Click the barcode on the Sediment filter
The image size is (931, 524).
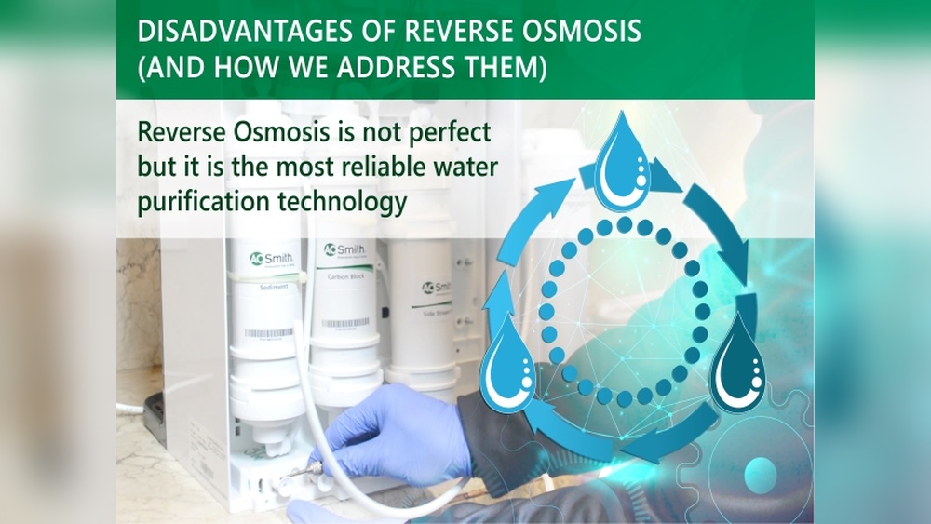pyautogui.click(x=268, y=332)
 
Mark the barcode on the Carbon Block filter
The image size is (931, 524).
pyautogui.click(x=344, y=324)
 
